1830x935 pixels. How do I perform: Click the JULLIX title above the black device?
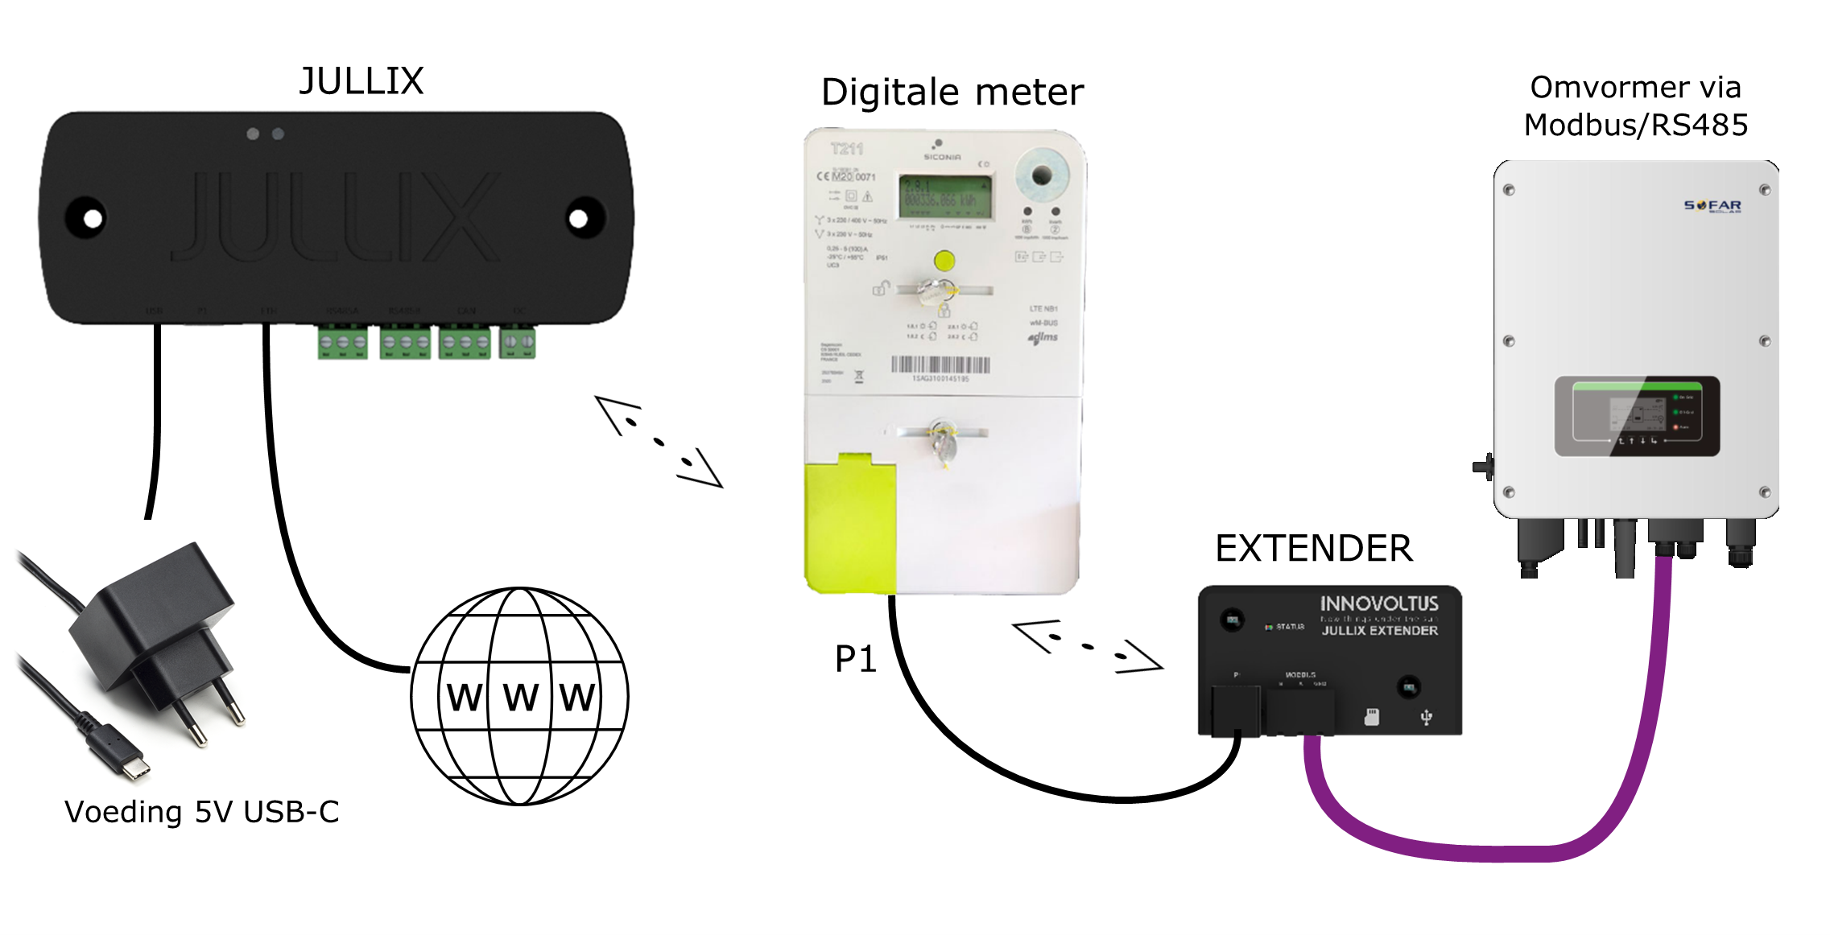tap(361, 81)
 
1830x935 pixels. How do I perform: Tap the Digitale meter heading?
tap(952, 93)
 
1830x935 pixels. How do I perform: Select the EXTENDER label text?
tap(1313, 549)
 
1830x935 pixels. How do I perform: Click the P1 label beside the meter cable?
tap(855, 659)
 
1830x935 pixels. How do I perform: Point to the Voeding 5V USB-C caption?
tap(201, 812)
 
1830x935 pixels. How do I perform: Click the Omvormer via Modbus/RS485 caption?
tap(1635, 106)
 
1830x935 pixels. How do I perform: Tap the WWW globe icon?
tap(520, 696)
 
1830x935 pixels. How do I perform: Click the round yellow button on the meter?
tap(944, 261)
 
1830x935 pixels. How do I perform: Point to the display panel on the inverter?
tap(1637, 416)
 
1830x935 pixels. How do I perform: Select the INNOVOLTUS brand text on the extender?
tap(1378, 603)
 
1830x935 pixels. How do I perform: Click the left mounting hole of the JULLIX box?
tap(93, 218)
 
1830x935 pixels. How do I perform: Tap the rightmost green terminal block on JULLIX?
tap(517, 342)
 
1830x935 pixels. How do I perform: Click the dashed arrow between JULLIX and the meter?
tap(659, 442)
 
